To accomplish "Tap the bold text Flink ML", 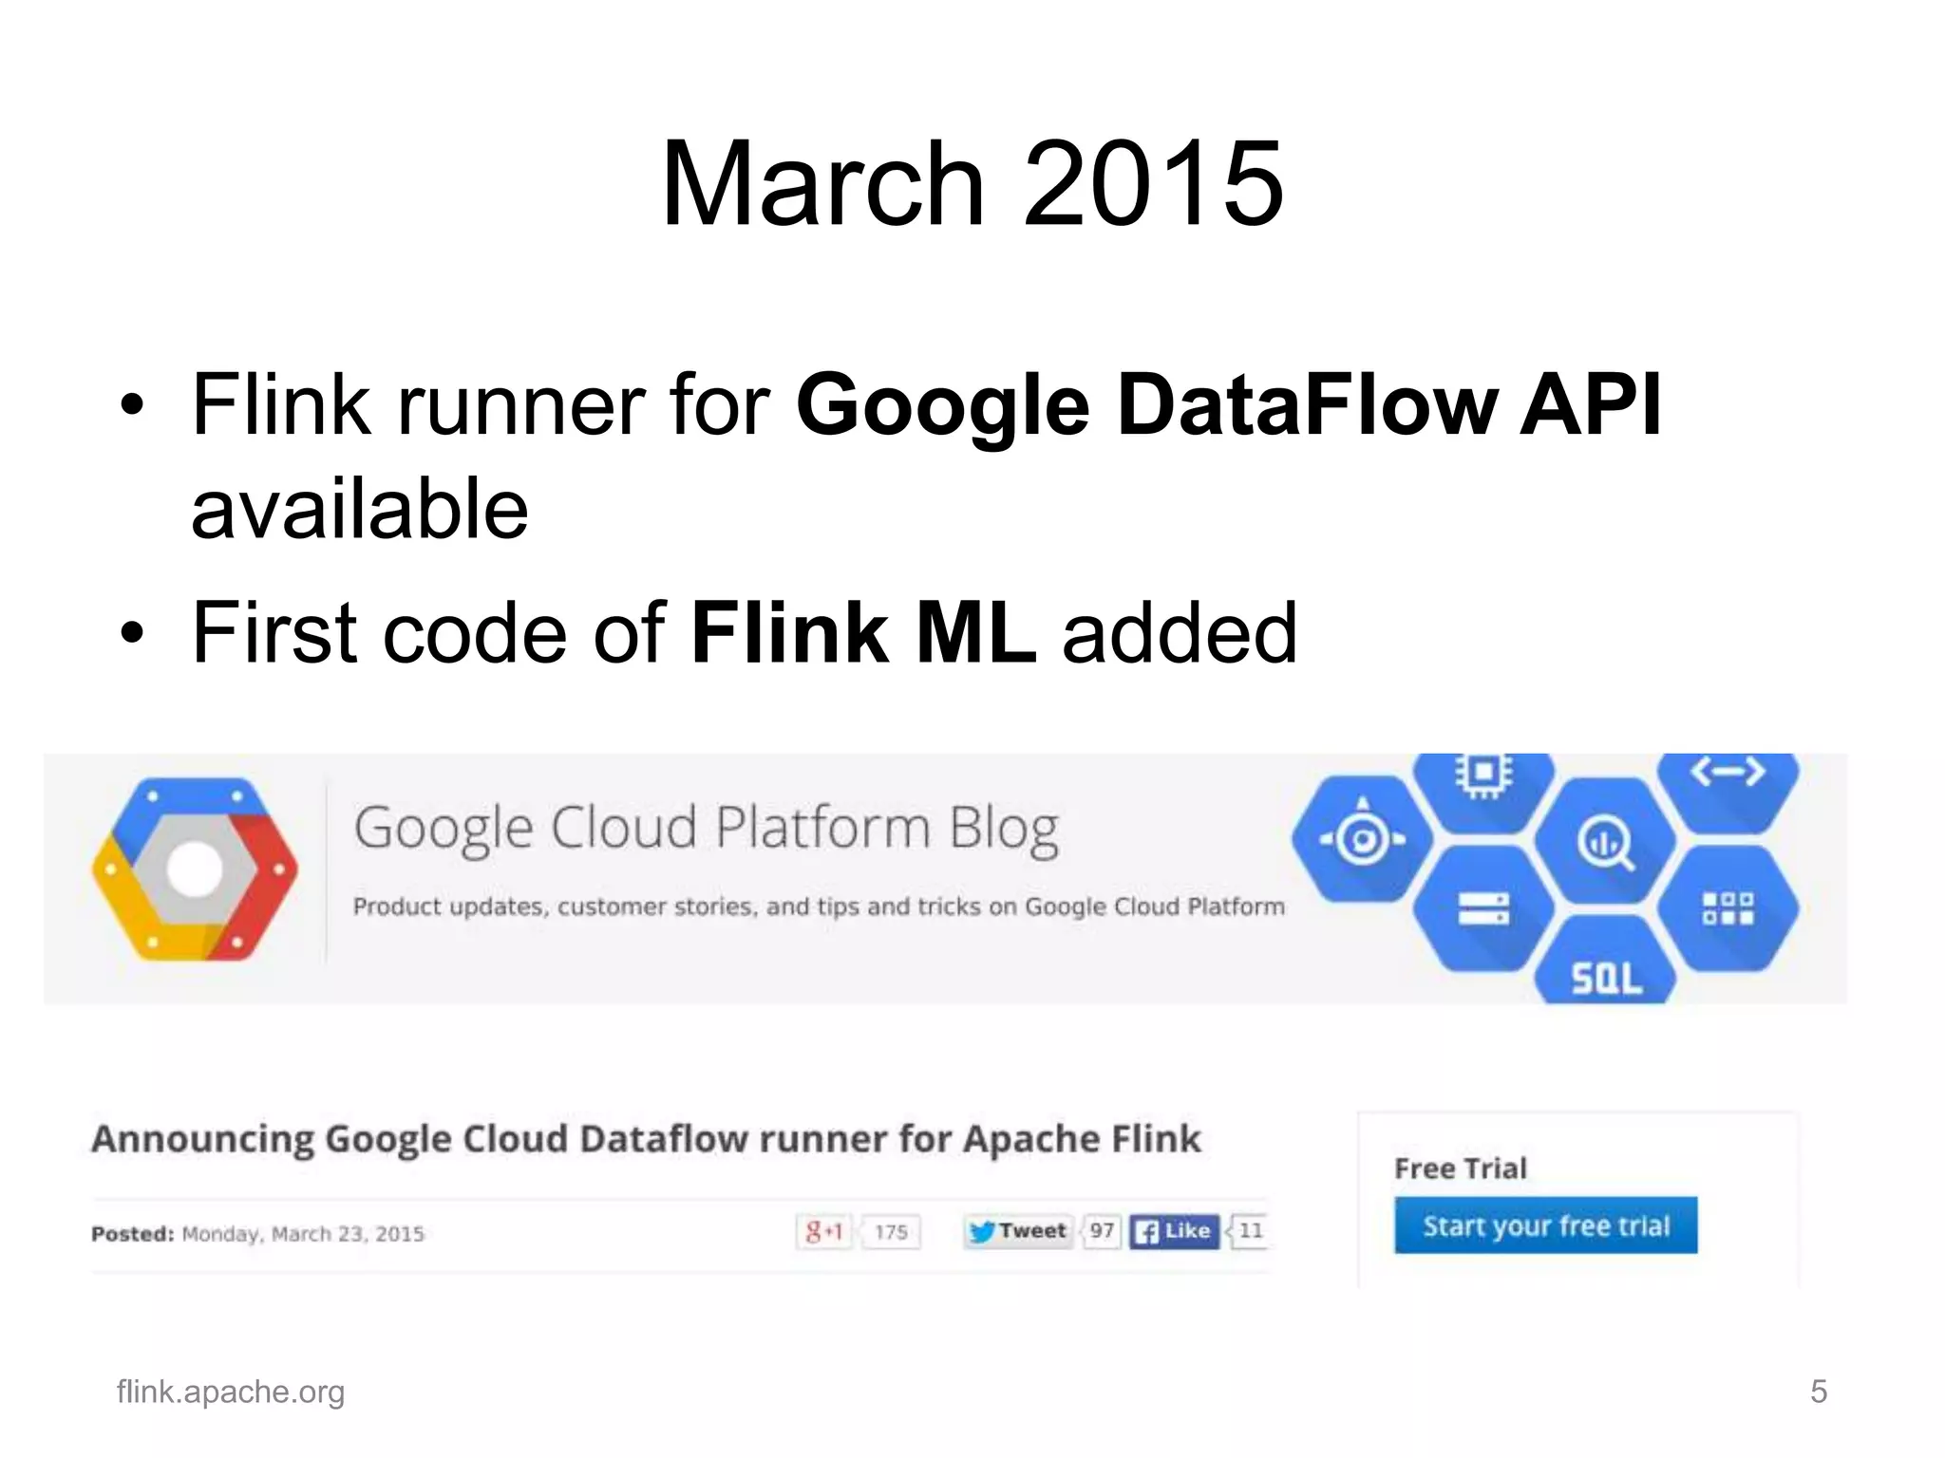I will coord(862,633).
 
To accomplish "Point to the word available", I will coord(359,510).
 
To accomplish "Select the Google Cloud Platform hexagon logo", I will coord(195,869).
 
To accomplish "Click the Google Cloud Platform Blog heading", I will coord(706,829).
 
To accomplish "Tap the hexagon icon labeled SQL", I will coord(1605,968).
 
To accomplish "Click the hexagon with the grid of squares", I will coord(1728,907).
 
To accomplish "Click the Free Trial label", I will coord(1460,1168).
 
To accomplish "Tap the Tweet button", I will coord(1018,1231).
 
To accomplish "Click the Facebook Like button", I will coord(1174,1231).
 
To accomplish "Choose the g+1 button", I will coord(823,1232).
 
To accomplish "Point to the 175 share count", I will coord(891,1232).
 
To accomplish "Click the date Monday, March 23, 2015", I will coord(302,1234).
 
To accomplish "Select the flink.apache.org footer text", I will coord(230,1392).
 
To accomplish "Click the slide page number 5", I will coord(1818,1392).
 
